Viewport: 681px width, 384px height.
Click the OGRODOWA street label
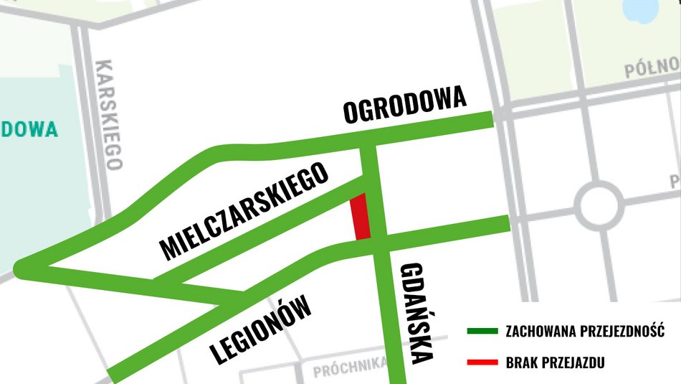(x=405, y=106)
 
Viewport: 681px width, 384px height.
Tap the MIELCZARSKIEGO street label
(x=244, y=210)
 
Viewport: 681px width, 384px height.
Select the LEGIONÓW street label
(x=262, y=330)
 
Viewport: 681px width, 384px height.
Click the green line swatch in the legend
(x=481, y=332)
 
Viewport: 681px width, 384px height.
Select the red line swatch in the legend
(x=481, y=361)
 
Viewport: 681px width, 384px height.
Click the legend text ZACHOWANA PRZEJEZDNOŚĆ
(x=585, y=332)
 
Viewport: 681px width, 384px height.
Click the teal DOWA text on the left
(x=29, y=129)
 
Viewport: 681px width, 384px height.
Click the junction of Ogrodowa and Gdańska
(x=368, y=137)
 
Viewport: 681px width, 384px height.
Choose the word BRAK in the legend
(x=522, y=362)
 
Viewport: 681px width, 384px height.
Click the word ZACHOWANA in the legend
(x=536, y=332)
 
